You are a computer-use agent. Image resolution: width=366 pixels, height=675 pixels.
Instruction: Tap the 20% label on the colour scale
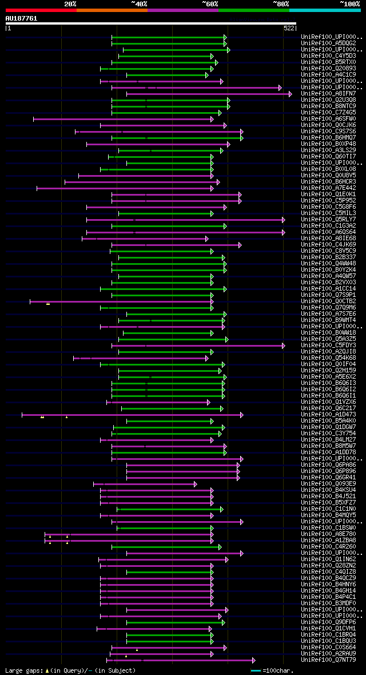70,3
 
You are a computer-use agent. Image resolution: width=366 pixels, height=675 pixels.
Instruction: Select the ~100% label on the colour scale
349,3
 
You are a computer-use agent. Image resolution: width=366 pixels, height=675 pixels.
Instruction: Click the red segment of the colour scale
41,10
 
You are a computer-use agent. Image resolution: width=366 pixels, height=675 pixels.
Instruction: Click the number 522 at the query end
289,27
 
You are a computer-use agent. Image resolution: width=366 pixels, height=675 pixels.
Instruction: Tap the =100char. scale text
278,670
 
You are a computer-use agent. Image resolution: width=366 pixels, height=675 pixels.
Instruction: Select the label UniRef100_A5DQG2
328,43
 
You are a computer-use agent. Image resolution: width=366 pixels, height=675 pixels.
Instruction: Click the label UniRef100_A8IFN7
328,94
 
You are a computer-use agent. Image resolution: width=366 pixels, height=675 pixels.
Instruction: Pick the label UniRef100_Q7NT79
328,660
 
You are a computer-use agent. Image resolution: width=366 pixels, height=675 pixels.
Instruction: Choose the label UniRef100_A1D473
328,415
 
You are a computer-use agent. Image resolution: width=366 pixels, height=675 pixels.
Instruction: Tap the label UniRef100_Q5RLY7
328,220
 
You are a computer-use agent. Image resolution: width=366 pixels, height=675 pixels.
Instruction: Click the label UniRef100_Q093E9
328,484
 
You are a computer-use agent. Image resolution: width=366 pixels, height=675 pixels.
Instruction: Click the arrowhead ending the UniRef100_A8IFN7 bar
291,94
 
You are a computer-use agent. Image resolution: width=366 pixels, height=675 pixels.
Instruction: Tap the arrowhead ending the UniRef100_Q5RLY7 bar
283,220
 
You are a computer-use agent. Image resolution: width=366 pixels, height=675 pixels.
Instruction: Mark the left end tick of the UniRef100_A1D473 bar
22,415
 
